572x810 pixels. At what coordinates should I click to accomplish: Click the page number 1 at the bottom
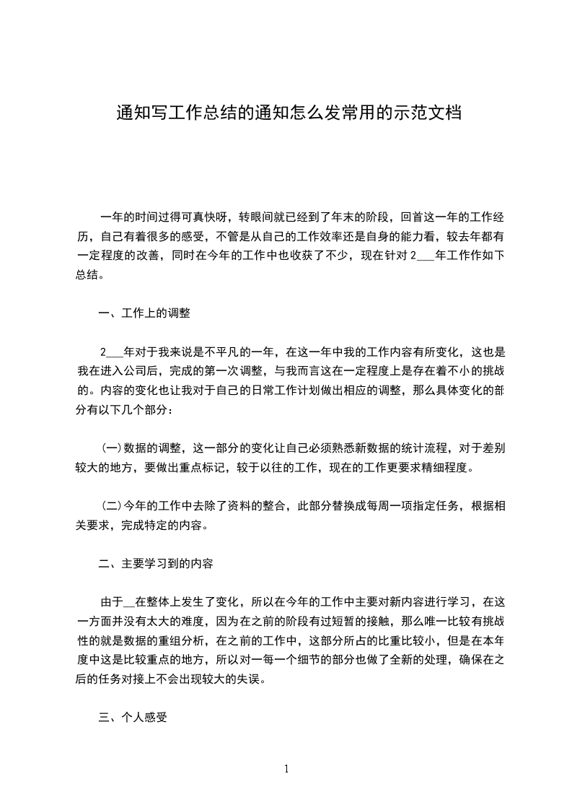[286, 769]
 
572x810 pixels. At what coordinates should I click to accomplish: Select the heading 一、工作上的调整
[144, 313]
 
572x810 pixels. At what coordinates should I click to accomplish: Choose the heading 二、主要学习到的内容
[155, 564]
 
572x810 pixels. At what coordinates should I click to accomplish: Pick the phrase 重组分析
[202, 641]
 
